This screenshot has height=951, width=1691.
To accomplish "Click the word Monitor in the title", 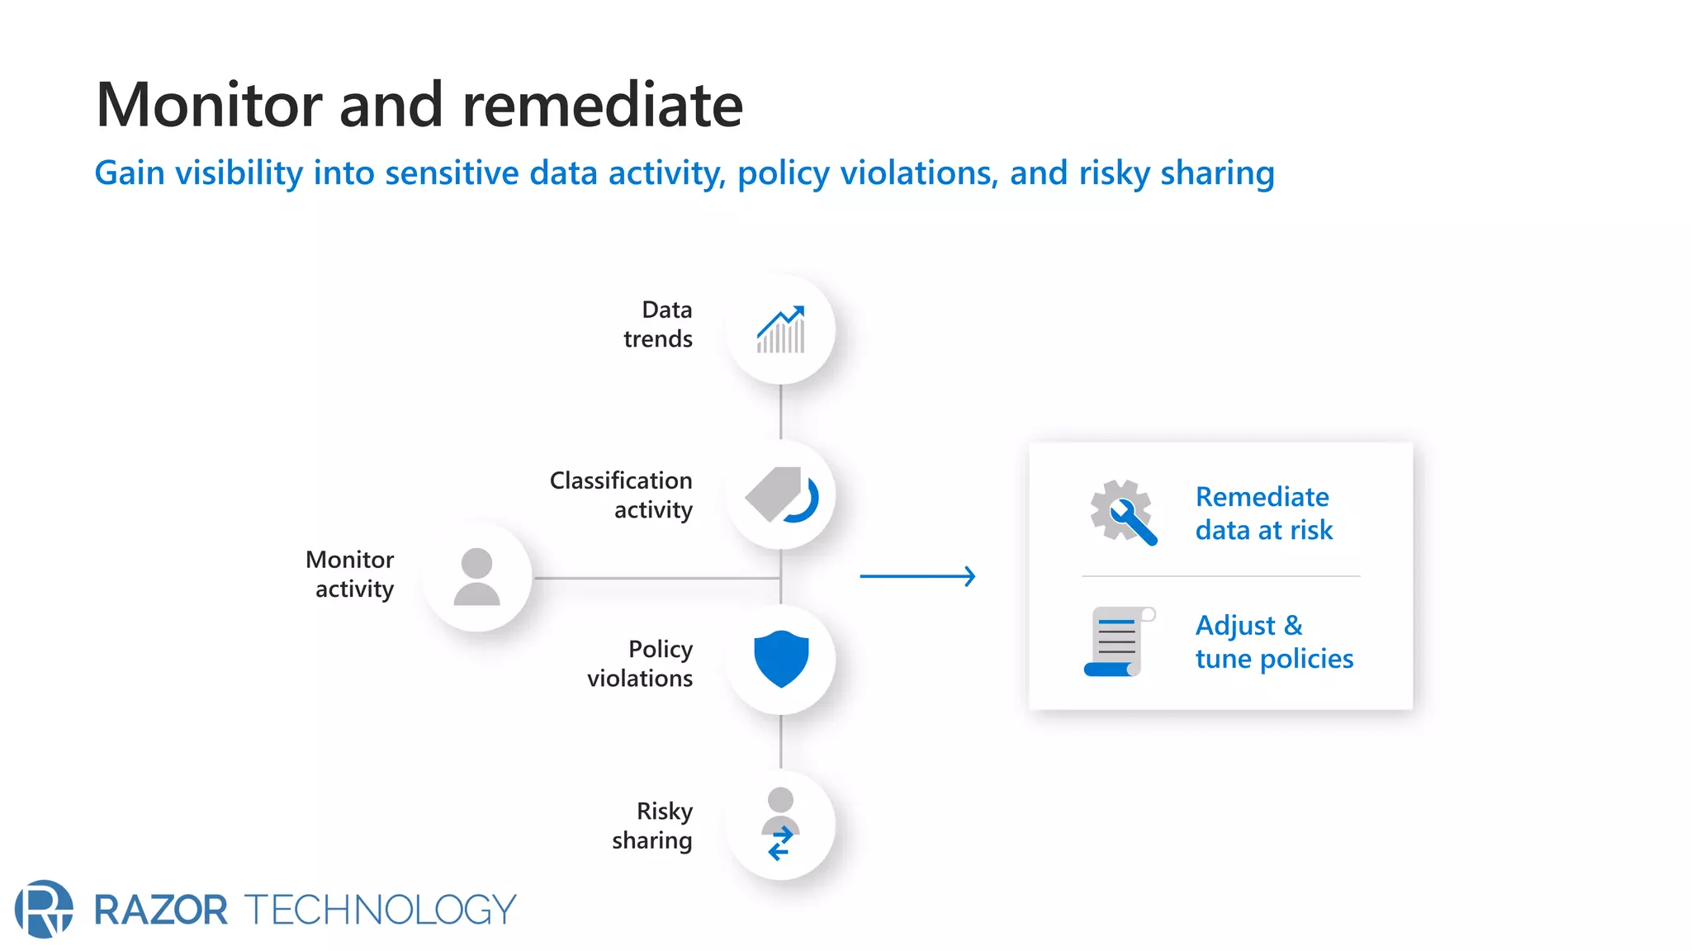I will [x=210, y=106].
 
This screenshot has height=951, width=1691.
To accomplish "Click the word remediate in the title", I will [x=602, y=106].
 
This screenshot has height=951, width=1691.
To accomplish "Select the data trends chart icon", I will [x=780, y=329].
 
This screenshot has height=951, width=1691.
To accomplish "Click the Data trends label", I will [x=658, y=324].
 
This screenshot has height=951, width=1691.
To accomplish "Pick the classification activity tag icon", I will [x=780, y=495].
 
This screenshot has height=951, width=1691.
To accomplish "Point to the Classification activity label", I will [x=622, y=494].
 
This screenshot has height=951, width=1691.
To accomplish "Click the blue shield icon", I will [x=781, y=659].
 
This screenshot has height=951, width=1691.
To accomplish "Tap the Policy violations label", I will [x=641, y=663].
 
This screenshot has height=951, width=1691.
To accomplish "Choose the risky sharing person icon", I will [x=780, y=824].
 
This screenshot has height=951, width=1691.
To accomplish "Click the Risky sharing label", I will [x=652, y=825].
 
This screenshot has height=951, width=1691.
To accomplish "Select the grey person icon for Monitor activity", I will [x=476, y=577].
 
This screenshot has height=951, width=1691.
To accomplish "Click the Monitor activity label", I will [x=351, y=574].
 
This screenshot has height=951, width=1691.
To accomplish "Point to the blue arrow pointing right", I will [x=917, y=576].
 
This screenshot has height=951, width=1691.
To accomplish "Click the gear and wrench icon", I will [x=1122, y=512].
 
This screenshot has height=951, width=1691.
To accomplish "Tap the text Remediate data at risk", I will [x=1263, y=513].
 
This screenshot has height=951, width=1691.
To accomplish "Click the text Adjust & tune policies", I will [x=1274, y=641].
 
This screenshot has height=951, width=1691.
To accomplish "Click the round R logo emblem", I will [x=44, y=909].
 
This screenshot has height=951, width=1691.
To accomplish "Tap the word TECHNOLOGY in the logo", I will [x=380, y=910].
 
